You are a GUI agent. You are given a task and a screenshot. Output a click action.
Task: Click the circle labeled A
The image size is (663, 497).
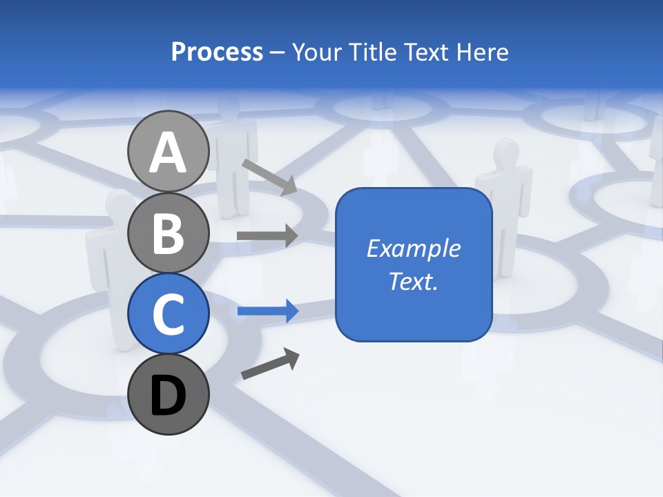[x=168, y=151]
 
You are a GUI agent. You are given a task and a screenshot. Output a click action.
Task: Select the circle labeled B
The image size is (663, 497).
[x=168, y=233]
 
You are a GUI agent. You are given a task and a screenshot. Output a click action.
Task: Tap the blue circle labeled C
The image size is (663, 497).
[x=168, y=313]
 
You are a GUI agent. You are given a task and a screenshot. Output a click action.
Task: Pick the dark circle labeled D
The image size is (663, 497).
[x=168, y=394]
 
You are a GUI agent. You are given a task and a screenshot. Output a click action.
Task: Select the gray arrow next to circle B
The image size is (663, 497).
[x=267, y=236]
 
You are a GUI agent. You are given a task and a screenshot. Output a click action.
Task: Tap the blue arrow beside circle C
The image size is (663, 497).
[x=267, y=311]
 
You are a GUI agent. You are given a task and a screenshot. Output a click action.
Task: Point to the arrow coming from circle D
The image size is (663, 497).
[x=270, y=364]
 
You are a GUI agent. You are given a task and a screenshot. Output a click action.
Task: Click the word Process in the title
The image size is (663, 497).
[x=217, y=52]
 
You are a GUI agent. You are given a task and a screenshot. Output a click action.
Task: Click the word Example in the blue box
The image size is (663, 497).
[x=414, y=248]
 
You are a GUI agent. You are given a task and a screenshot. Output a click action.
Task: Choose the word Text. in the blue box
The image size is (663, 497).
[x=414, y=282]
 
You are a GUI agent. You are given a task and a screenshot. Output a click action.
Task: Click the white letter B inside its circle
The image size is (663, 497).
[x=168, y=233]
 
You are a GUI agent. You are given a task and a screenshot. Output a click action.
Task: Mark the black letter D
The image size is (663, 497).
[x=168, y=396]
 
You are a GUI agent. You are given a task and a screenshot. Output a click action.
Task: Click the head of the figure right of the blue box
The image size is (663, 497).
[x=507, y=153]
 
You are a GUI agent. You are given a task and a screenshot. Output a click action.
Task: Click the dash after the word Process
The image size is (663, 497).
[x=278, y=53]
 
